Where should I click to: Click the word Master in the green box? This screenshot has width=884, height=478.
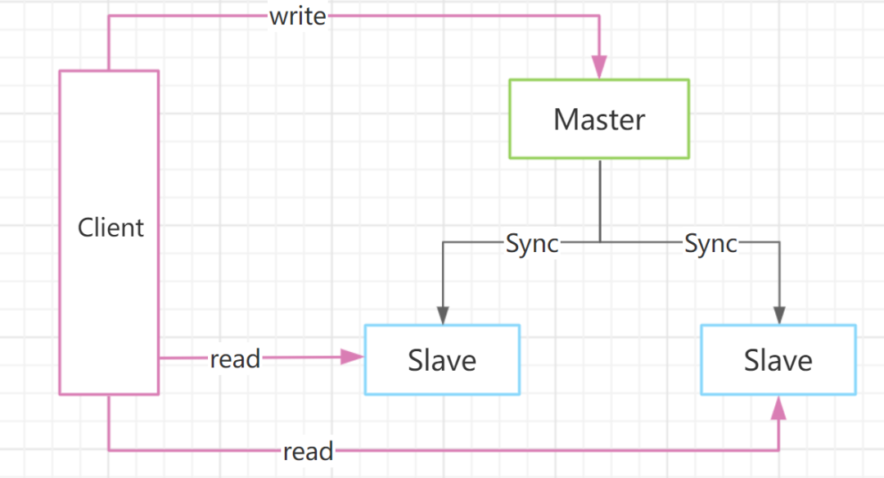tap(599, 120)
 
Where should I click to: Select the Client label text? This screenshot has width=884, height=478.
tap(110, 228)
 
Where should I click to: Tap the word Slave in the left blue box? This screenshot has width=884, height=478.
tap(442, 360)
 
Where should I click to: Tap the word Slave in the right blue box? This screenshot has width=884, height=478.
tap(778, 360)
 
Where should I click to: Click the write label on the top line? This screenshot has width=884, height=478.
tap(298, 16)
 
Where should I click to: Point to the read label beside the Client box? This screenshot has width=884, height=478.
tap(235, 358)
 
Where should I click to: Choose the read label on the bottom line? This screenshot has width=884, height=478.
tap(308, 452)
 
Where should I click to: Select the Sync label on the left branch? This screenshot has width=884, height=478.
tap(532, 244)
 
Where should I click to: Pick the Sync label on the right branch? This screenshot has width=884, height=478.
tap(711, 244)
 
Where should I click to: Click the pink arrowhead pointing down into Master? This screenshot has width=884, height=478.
tap(599, 66)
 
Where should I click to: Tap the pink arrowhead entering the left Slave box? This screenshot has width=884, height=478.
tap(352, 357)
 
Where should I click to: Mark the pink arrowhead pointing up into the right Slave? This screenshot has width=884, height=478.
tap(778, 408)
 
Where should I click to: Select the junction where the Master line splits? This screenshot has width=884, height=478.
tap(600, 241)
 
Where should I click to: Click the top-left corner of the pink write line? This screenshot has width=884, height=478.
tap(109, 16)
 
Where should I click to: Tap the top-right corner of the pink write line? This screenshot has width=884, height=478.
tap(599, 16)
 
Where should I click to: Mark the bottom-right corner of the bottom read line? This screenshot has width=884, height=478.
tap(778, 450)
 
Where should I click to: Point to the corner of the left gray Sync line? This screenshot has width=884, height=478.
tap(443, 242)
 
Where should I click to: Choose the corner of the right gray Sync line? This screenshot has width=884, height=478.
tap(780, 242)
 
